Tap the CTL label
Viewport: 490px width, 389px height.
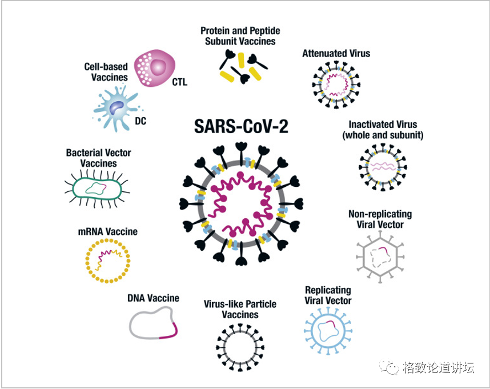179,82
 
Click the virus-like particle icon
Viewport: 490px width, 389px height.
240,346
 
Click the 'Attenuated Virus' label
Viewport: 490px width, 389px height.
336,54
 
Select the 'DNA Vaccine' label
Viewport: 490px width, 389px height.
153,298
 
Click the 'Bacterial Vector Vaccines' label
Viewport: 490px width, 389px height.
98,158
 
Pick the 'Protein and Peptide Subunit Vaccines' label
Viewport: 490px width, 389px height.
240,36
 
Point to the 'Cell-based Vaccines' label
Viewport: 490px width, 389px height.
106,72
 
